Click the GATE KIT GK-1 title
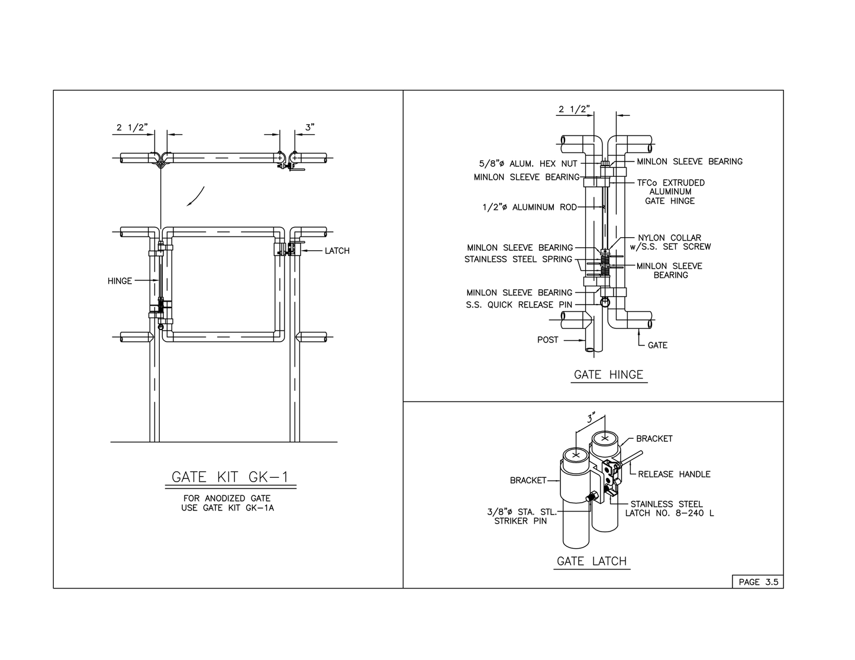230,477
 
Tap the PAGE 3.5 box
758,582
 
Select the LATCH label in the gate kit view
337,251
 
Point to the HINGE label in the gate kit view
120,281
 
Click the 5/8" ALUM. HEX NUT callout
528,164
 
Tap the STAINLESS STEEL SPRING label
518,259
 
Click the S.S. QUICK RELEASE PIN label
519,305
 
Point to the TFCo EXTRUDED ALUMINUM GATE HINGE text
671,192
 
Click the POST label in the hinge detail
547,340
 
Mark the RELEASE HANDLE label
674,474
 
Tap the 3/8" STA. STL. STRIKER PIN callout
521,517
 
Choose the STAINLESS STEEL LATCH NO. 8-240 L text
669,509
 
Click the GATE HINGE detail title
608,375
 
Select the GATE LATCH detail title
592,561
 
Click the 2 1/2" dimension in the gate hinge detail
574,109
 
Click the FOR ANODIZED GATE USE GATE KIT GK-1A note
227,503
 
